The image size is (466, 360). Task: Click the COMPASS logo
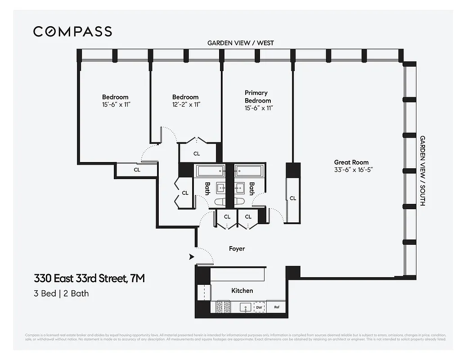coord(72,31)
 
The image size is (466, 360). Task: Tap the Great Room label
coord(351,162)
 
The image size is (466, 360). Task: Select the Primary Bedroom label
coord(258,97)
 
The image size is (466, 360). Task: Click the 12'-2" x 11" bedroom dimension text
coord(185,104)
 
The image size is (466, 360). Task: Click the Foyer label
coord(237,248)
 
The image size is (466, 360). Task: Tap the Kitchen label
coord(242,291)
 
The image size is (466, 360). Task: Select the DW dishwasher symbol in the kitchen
coord(259,308)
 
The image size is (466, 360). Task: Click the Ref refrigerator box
coord(277,308)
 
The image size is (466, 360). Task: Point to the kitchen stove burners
coord(221,307)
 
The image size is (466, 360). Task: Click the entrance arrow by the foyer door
coord(191,257)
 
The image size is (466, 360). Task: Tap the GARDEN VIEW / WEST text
coord(240,43)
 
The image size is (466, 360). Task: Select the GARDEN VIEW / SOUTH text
coord(422,171)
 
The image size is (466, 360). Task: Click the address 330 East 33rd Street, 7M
coord(90,279)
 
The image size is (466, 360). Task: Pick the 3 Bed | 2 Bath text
coord(61,293)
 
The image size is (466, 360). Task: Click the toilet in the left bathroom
coord(222,202)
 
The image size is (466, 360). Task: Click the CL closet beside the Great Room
coord(293,198)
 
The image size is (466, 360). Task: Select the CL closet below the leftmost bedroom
coord(137,170)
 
